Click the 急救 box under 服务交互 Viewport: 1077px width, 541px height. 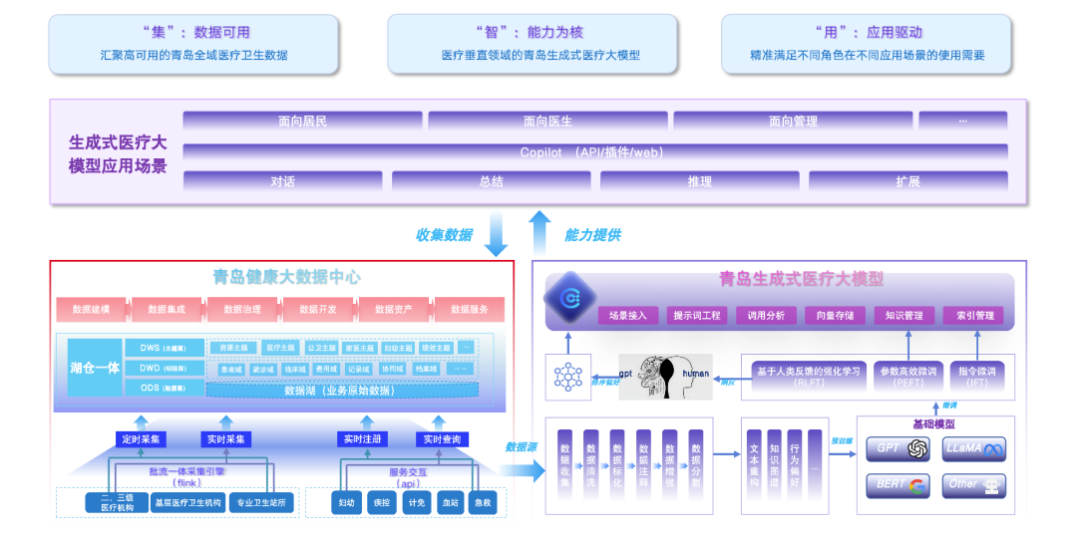tap(484, 503)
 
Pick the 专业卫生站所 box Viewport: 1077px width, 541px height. tap(262, 503)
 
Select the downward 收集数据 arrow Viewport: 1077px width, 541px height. tap(495, 233)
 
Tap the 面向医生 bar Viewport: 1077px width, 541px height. tap(547, 122)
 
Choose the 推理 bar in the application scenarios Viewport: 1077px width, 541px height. tap(699, 181)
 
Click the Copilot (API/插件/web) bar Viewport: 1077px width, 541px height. tap(594, 152)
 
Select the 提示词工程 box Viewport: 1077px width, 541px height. tap(696, 316)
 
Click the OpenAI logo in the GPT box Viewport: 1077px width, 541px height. tap(917, 449)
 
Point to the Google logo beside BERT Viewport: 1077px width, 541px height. tap(917, 485)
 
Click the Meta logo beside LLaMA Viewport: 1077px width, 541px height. tap(993, 449)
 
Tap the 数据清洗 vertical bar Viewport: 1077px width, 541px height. tap(591, 463)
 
